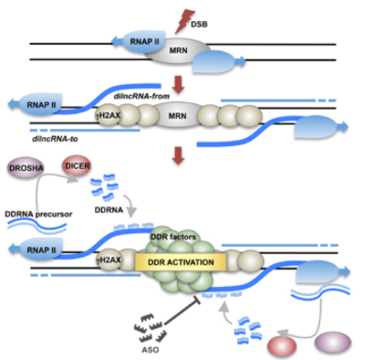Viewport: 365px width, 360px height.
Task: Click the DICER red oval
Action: coord(77,167)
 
